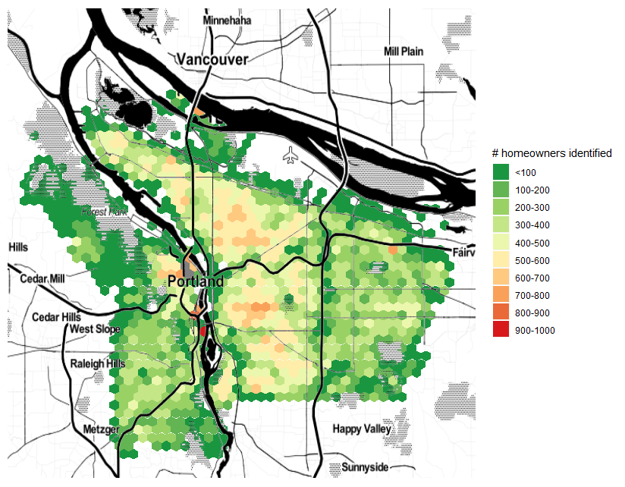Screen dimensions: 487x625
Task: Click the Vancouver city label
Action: [x=212, y=59]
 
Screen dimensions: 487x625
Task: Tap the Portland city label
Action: [x=196, y=281]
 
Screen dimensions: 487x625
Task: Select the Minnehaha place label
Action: [x=228, y=20]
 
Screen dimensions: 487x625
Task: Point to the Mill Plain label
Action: [x=404, y=51]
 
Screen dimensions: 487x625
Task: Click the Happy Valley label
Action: [x=362, y=429]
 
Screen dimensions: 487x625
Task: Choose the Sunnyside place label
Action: [x=365, y=467]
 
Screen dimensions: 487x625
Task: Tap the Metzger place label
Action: [x=102, y=430]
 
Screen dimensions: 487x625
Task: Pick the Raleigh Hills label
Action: [x=98, y=364]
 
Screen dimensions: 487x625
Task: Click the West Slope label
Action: [x=95, y=329]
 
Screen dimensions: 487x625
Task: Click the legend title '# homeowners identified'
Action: [x=551, y=153]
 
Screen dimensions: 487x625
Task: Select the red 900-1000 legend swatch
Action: [x=501, y=330]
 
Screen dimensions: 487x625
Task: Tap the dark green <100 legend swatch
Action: [x=501, y=173]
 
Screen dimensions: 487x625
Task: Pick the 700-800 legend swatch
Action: [x=501, y=295]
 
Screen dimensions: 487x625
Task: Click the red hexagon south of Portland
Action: [x=203, y=331]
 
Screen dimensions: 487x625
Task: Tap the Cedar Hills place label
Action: [x=56, y=316]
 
